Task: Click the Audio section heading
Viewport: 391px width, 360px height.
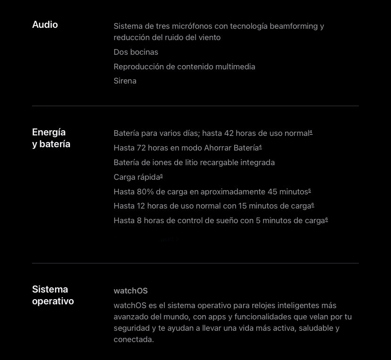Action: (x=45, y=25)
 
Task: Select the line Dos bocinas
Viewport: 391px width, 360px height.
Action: (x=136, y=52)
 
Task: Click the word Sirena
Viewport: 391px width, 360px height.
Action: (x=125, y=81)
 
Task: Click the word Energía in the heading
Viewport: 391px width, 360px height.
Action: (x=49, y=132)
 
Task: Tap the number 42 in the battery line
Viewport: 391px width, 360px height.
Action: (x=229, y=134)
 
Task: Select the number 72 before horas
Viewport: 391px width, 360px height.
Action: (x=141, y=148)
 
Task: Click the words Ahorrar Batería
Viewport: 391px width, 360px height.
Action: (x=231, y=148)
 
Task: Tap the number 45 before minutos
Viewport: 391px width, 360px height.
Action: (x=272, y=192)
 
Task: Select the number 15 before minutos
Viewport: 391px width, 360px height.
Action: (x=243, y=206)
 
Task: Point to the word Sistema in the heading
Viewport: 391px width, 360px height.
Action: (x=50, y=289)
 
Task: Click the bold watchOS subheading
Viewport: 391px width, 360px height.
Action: (x=131, y=291)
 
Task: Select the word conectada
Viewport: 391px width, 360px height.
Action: (x=134, y=339)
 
